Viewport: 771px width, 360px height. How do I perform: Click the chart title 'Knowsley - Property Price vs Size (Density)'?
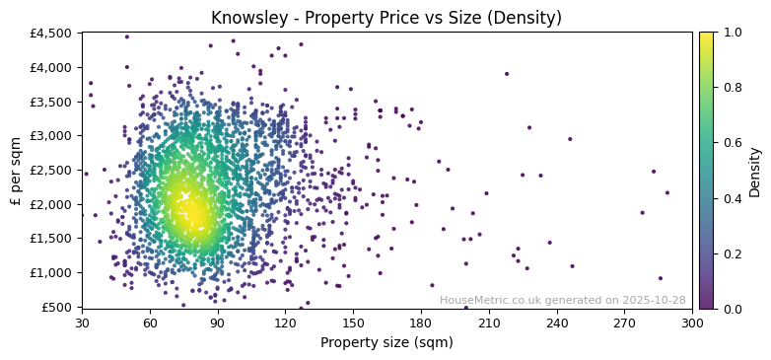[386, 18]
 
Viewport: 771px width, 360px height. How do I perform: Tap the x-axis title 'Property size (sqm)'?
[386, 342]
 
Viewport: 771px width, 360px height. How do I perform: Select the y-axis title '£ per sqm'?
[16, 170]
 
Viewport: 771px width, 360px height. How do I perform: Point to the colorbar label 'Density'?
[754, 170]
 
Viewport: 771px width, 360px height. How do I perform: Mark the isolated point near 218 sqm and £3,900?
[507, 74]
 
